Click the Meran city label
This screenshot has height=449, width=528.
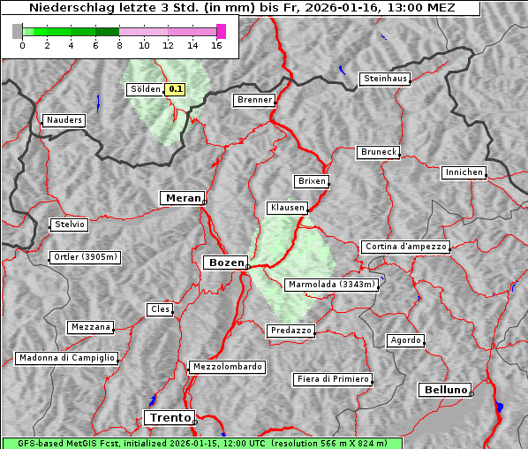coord(182,198)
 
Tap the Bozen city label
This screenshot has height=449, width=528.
coord(225,263)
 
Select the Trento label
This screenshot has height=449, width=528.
coord(169,417)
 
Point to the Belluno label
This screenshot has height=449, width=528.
coord(444,389)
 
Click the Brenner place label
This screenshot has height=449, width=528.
coord(254,100)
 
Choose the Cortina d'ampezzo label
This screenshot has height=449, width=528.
coord(404,247)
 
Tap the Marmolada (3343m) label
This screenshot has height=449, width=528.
coord(331,285)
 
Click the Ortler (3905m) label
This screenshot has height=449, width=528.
coord(84,258)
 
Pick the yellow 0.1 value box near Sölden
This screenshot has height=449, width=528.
coord(176,88)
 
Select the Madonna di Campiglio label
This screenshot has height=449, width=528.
coord(66,358)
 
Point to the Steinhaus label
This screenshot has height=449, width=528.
coord(386,79)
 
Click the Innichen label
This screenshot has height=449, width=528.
coord(464,172)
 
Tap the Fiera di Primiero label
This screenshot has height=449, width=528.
coord(332,379)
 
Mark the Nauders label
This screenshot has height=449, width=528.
coord(64,120)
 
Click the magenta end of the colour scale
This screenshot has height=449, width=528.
coord(221,31)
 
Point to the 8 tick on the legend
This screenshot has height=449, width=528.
coord(118,45)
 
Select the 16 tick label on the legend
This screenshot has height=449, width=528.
coord(217,45)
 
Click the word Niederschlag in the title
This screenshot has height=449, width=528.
coord(66,8)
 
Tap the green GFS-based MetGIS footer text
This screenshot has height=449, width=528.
coord(201,443)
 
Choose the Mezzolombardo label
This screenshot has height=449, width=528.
coord(226,366)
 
